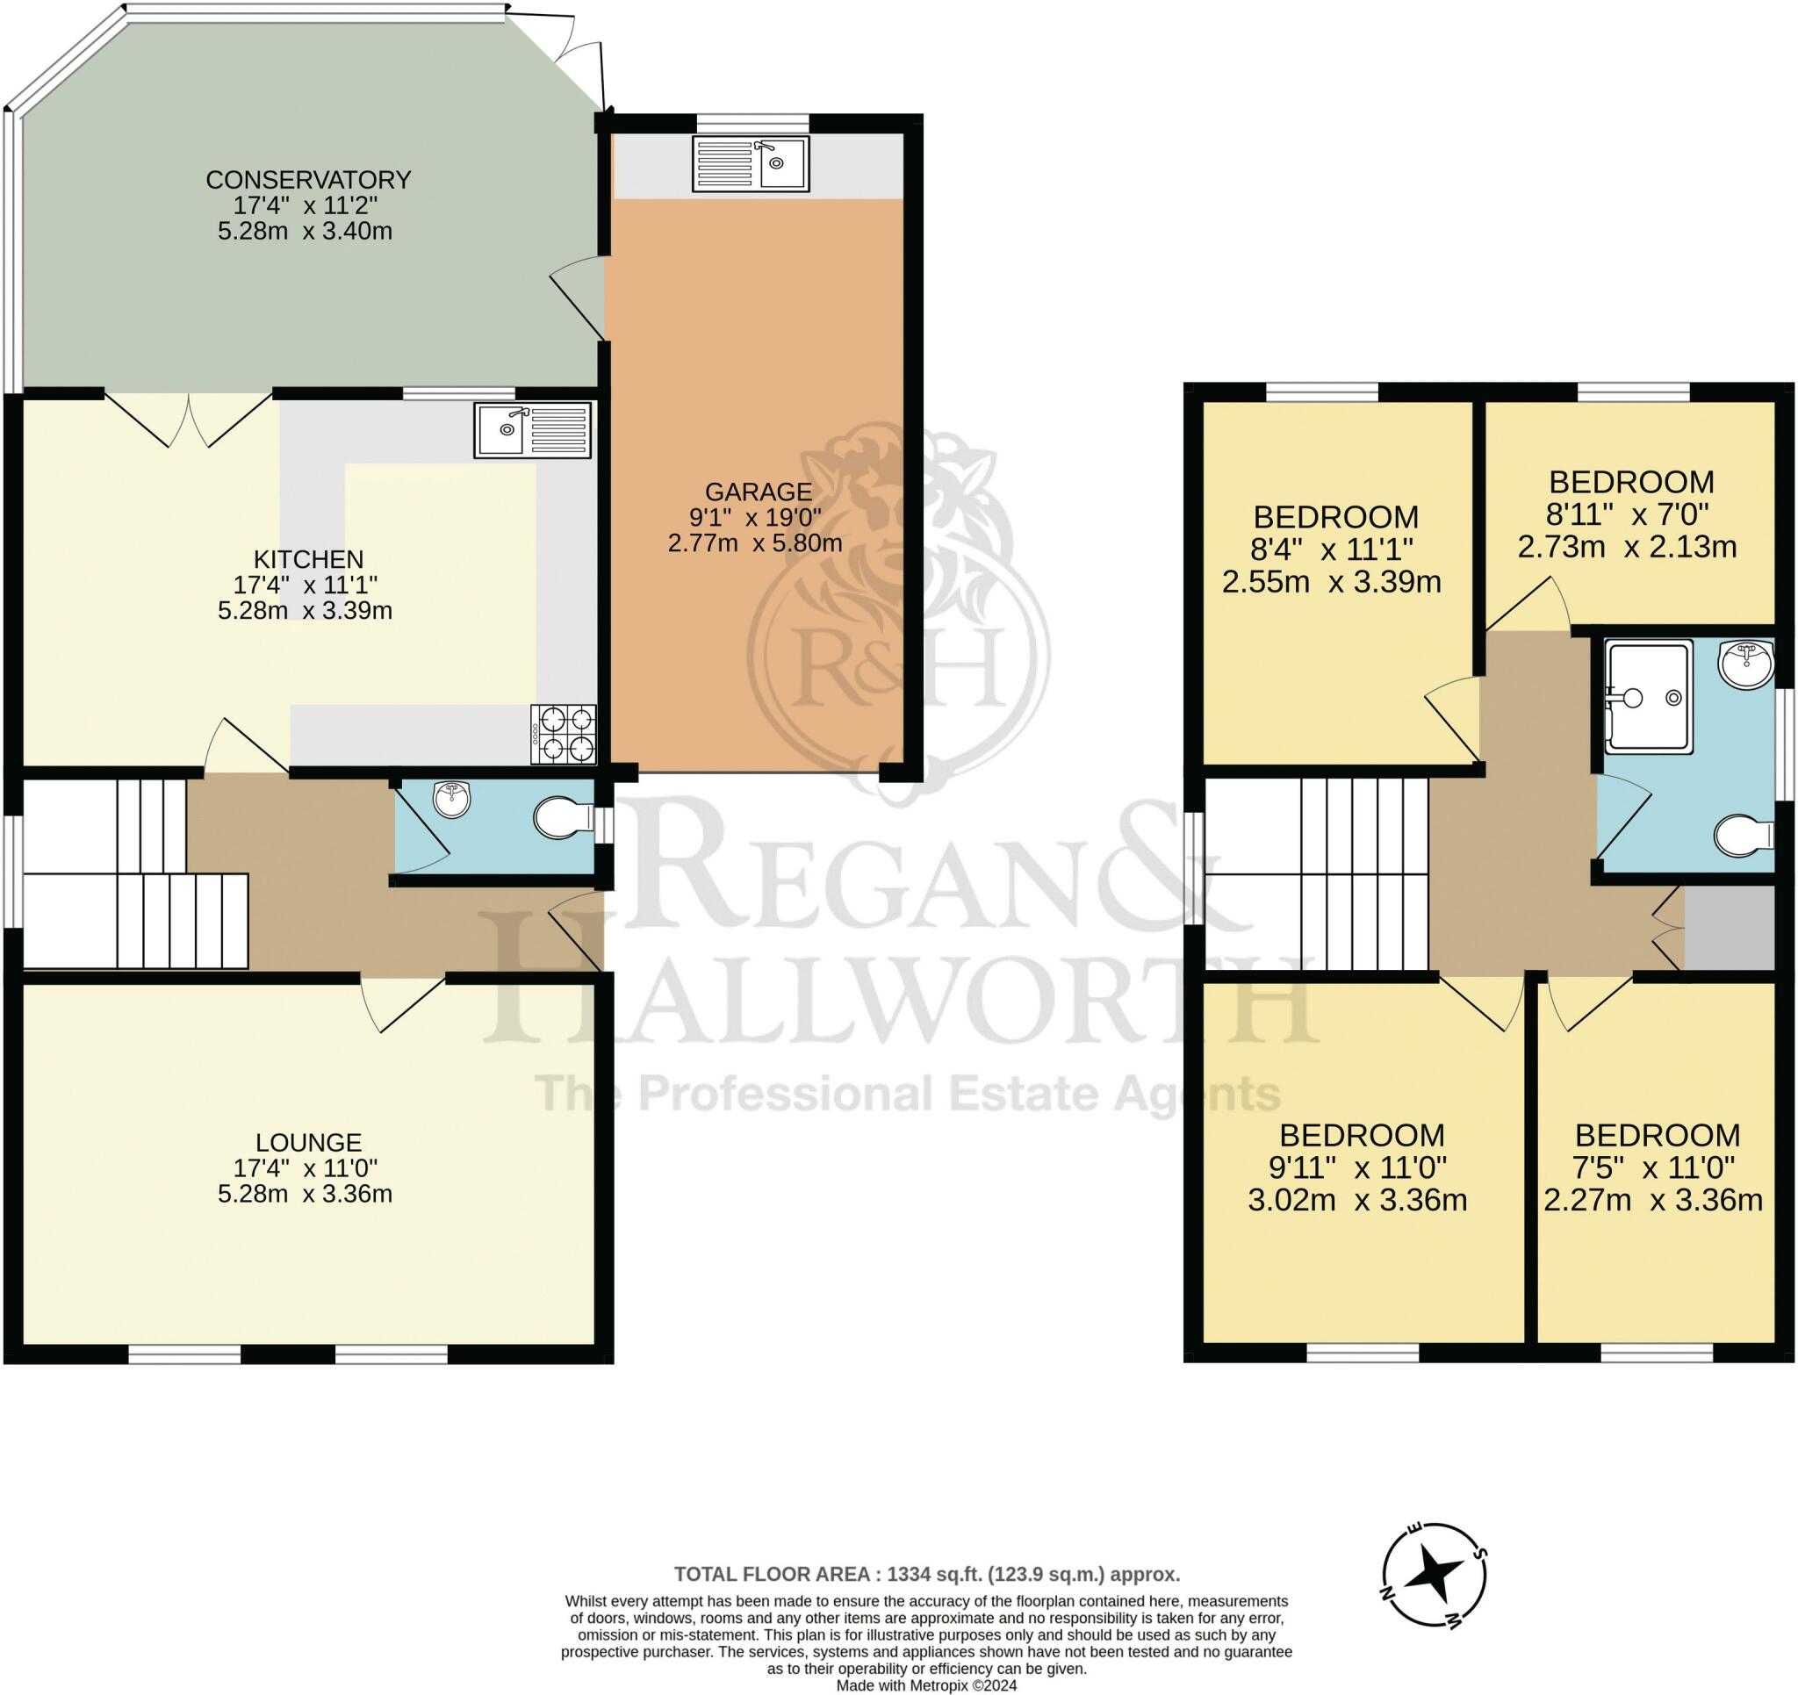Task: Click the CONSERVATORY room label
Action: (x=308, y=179)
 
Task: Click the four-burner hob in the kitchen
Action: (x=565, y=735)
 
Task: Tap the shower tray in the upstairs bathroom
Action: (x=1649, y=696)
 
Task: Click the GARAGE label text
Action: (x=758, y=492)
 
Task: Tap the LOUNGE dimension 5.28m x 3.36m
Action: (x=305, y=1194)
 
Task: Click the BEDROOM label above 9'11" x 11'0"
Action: (x=1361, y=1134)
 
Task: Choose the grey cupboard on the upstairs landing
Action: (x=1730, y=928)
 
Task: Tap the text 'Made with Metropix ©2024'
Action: (x=926, y=1685)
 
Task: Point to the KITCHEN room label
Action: (x=308, y=559)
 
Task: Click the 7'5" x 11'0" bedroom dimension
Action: (x=1652, y=1167)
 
